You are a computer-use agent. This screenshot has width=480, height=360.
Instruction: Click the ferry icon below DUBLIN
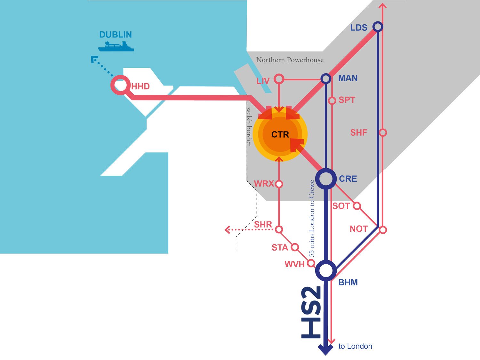click(x=116, y=46)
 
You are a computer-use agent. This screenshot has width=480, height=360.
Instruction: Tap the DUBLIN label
click(x=116, y=35)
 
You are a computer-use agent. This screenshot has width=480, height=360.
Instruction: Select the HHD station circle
click(x=120, y=85)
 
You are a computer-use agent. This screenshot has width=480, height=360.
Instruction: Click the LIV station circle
click(x=279, y=79)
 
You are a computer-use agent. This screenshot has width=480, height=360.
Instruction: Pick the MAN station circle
click(x=326, y=78)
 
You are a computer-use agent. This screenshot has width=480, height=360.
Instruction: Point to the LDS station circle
click(x=378, y=27)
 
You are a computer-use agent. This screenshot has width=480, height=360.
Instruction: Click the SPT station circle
click(x=332, y=100)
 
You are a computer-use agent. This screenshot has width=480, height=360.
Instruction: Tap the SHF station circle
click(x=383, y=132)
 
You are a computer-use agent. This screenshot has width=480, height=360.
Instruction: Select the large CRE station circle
click(x=326, y=179)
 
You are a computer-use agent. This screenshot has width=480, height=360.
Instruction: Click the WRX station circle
click(x=279, y=184)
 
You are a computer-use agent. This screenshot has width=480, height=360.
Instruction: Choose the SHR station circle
click(x=279, y=229)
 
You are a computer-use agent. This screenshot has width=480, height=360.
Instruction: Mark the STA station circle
click(x=295, y=247)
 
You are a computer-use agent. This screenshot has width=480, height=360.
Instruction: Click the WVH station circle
click(x=311, y=263)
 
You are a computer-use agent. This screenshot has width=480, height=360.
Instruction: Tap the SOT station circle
click(x=357, y=206)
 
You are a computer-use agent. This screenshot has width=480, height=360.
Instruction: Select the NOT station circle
click(x=383, y=229)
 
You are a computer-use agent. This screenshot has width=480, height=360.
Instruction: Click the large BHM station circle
click(x=326, y=271)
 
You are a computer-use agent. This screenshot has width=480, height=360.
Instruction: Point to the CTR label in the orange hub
click(x=280, y=134)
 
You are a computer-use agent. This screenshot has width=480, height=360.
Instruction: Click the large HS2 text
click(x=311, y=312)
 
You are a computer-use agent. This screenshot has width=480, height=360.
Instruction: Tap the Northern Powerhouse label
click(x=290, y=60)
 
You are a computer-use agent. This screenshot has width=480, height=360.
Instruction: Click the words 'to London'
click(x=355, y=346)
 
